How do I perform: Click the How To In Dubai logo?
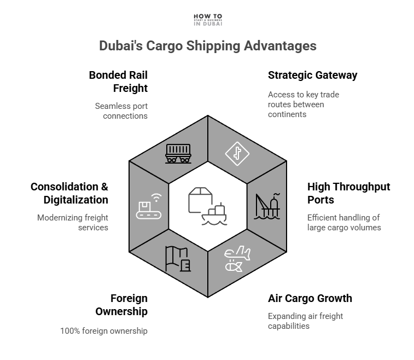[x=207, y=20]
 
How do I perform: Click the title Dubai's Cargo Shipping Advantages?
[x=207, y=45]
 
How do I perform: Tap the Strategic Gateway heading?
[x=312, y=75]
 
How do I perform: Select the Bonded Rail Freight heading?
[x=118, y=81]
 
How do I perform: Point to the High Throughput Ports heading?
[x=348, y=193]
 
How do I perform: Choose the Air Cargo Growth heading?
[x=310, y=298]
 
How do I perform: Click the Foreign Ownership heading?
[x=121, y=305]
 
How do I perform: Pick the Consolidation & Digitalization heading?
[x=69, y=193]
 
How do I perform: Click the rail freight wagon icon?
[x=178, y=154]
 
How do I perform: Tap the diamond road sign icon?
[x=237, y=154]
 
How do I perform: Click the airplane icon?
[x=237, y=259]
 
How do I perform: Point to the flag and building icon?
[x=178, y=259]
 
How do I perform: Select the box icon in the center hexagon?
[x=199, y=200]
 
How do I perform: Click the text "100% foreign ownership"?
[x=104, y=330]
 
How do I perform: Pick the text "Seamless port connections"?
[x=121, y=111]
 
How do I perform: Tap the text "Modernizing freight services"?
[x=73, y=222]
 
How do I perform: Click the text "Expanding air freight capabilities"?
[x=305, y=321]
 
